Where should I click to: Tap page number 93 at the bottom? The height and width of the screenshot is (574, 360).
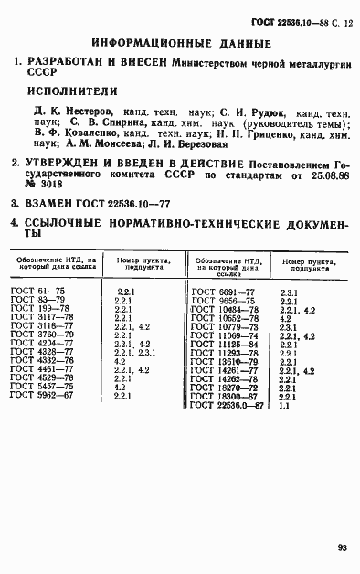click(341, 548)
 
